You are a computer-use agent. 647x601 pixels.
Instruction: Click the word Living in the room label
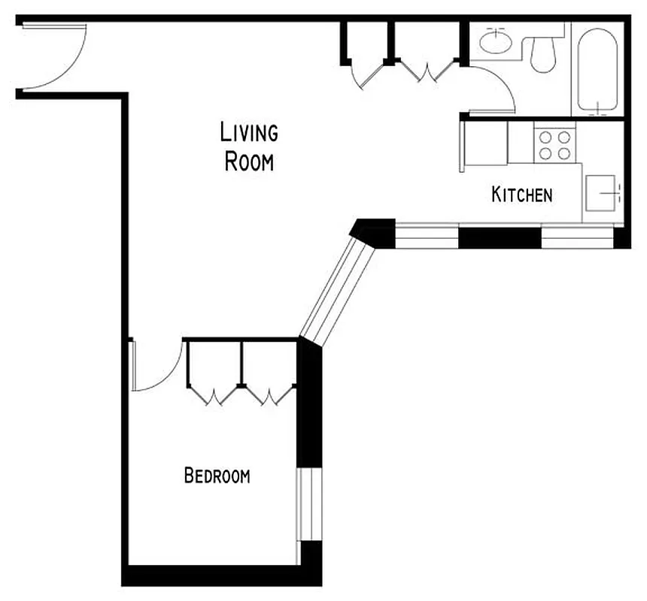[x=249, y=133]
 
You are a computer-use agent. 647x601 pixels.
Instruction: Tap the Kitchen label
[x=521, y=195]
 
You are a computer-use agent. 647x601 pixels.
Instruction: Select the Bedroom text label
[x=217, y=476]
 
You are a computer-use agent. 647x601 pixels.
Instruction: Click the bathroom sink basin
[x=495, y=42]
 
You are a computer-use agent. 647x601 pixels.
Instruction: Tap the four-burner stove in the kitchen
[x=555, y=145]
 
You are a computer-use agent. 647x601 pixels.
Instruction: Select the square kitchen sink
[x=603, y=193]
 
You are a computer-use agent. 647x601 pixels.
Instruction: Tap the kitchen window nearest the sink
[x=578, y=237]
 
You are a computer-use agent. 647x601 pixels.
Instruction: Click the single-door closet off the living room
[x=365, y=53]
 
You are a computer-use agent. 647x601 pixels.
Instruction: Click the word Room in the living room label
[x=249, y=162]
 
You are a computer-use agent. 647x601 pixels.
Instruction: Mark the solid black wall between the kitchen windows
[x=500, y=237]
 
